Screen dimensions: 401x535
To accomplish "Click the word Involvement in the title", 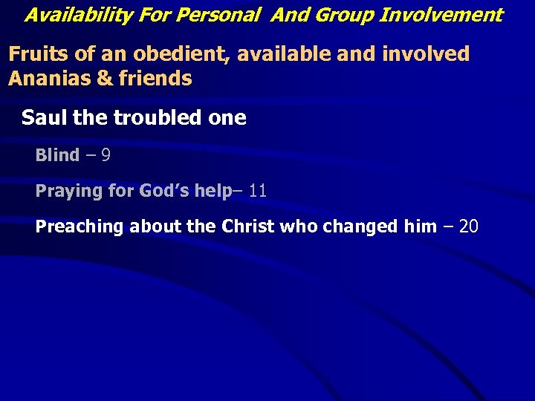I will pyautogui.click(x=441, y=14).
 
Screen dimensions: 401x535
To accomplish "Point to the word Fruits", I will pyautogui.click(x=34, y=53).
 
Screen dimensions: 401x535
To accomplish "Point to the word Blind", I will pyautogui.click(x=57, y=155).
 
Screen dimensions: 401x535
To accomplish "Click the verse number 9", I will pyautogui.click(x=106, y=155).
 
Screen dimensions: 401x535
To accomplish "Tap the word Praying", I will pyautogui.click(x=68, y=191).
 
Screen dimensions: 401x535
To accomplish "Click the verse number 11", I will pyautogui.click(x=258, y=191).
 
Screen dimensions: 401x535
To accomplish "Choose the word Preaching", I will pyautogui.click(x=80, y=226).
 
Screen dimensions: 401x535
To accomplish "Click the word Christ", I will pyautogui.click(x=248, y=226).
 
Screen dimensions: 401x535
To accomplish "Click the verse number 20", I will pyautogui.click(x=469, y=226).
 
